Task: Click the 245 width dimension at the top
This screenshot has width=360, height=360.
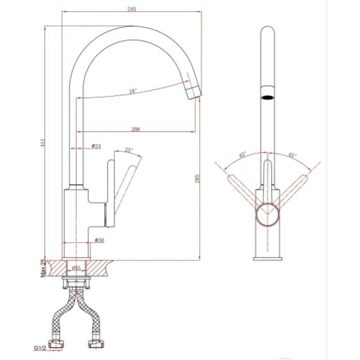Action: [131, 8]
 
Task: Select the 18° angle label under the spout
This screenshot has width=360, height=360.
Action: [132, 91]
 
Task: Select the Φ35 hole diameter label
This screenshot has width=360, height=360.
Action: [76, 268]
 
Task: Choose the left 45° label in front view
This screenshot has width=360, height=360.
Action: [243, 155]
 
